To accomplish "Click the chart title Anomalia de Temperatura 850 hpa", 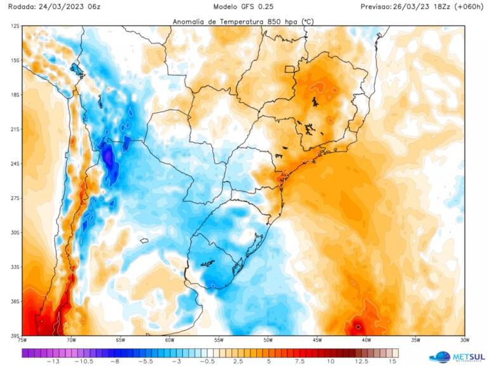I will (243, 21).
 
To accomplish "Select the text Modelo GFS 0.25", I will (243, 6).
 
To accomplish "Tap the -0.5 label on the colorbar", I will (207, 361).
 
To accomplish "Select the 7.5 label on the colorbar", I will (299, 361).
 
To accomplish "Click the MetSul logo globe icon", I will (439, 357).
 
